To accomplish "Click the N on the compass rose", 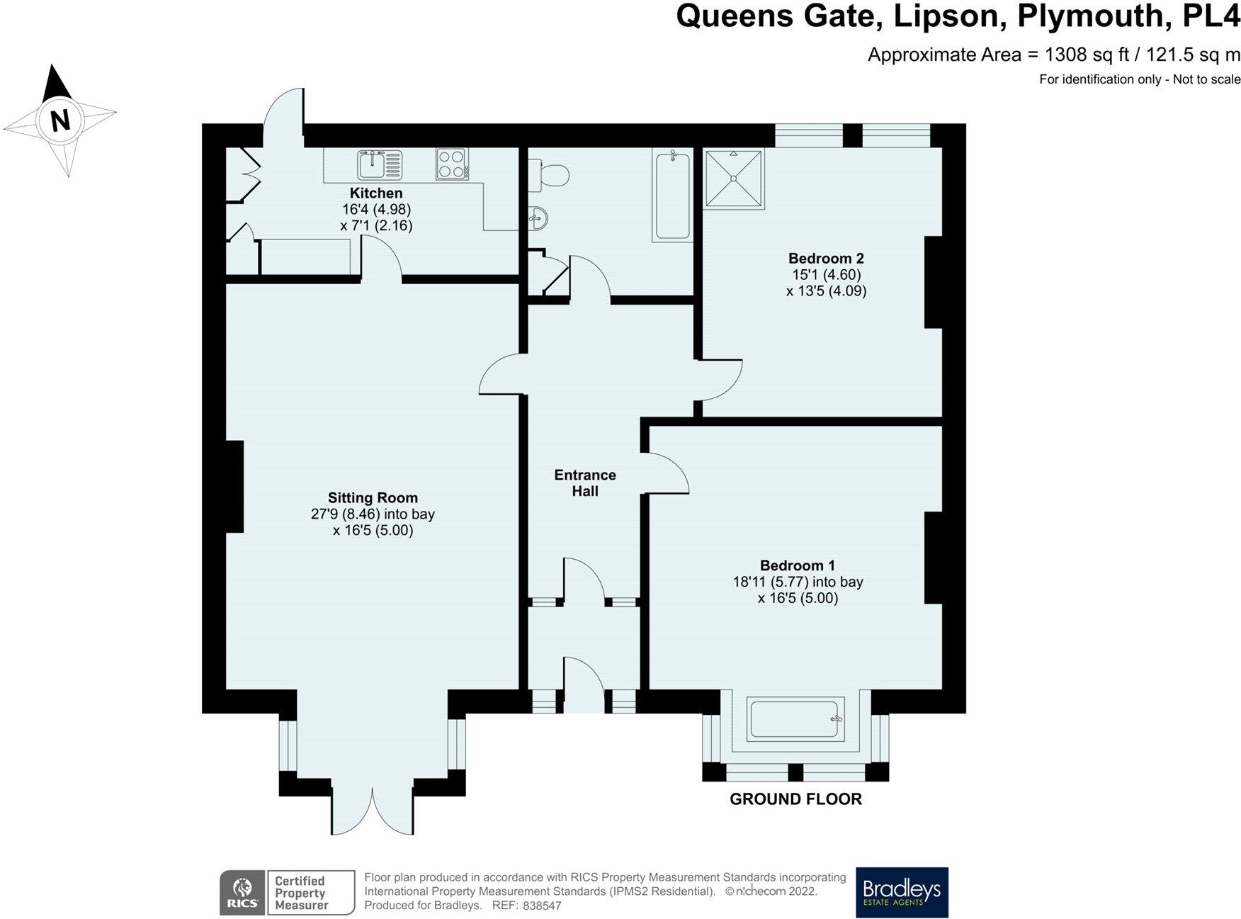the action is pos(62,121).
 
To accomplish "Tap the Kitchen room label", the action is pos(376,193).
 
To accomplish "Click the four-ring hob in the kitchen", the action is pos(452,164).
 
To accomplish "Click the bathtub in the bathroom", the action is pos(672,196).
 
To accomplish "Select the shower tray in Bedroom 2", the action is pos(734,179).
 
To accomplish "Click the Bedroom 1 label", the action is pos(798,565).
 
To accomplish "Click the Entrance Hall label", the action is pos(585,483).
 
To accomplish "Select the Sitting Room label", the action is pos(373,497).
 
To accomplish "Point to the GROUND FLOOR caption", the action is pos(795,799).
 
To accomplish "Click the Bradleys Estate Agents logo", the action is pos(902,892).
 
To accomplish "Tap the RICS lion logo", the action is pos(242,892).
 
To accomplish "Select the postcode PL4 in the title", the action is pos(1212,16).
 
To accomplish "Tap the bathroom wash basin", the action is pos(538,218).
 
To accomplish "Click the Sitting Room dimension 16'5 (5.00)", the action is pos(373,531).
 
